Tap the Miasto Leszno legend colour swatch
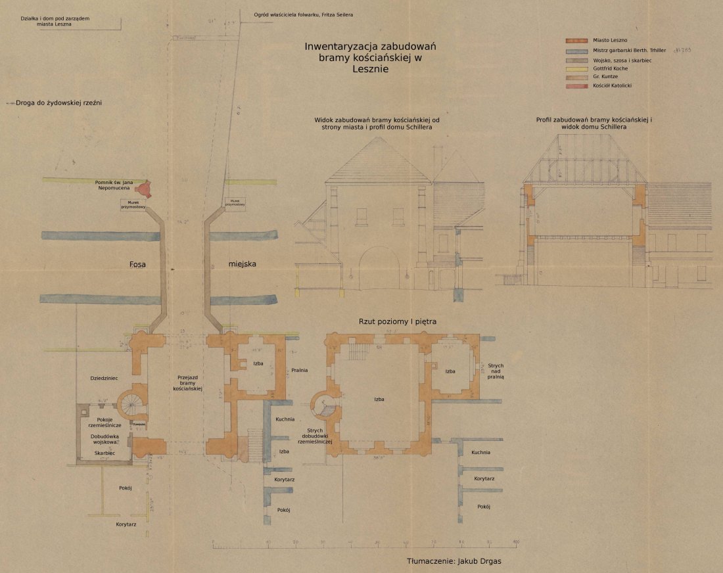(x=576, y=41)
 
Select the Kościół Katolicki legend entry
(x=612, y=86)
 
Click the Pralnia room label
(x=299, y=370)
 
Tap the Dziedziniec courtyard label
(x=104, y=378)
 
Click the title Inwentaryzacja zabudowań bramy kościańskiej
(x=370, y=57)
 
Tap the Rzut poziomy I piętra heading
(x=398, y=321)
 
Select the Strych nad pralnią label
(x=495, y=371)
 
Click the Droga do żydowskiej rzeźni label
(x=55, y=103)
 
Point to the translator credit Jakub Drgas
(x=458, y=562)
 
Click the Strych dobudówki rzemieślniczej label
(x=312, y=435)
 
